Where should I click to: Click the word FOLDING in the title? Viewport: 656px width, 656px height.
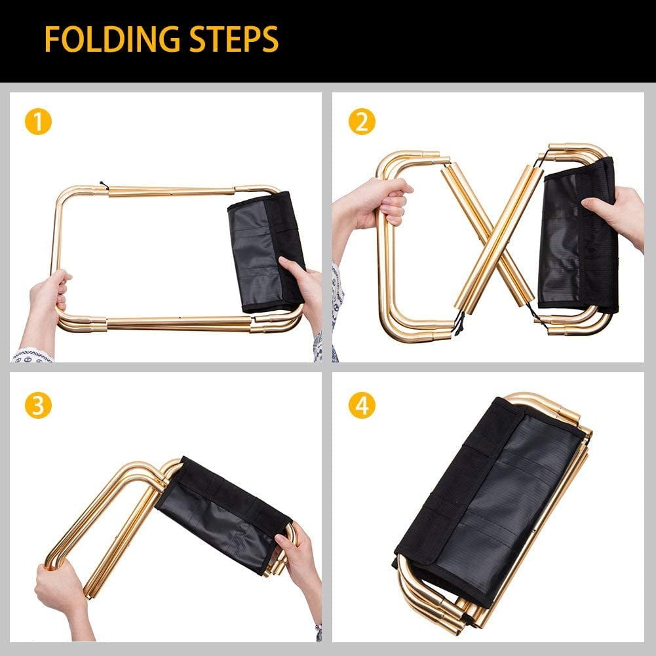coord(113,39)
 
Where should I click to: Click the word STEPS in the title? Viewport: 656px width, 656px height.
coord(234,39)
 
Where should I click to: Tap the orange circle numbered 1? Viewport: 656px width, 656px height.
coord(38,122)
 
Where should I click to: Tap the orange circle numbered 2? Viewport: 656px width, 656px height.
coord(362,122)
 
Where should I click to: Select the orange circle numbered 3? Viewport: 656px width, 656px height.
coord(38,406)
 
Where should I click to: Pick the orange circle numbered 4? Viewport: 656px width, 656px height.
coord(362,406)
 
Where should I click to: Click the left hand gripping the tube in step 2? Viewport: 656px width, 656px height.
coord(372,209)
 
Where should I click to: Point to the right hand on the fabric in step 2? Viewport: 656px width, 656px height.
coord(615,218)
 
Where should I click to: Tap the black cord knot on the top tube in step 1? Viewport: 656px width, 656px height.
coord(104,185)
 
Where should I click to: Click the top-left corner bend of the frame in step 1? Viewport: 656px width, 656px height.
coord(64,197)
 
